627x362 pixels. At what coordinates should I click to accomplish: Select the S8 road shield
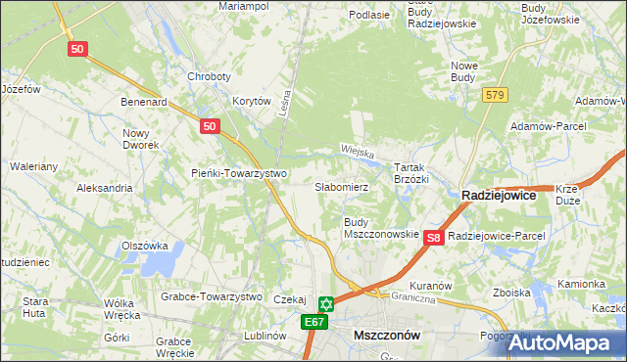(x=435, y=237)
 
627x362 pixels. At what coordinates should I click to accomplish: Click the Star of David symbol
(x=326, y=304)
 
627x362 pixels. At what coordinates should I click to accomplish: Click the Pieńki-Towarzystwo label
(x=238, y=174)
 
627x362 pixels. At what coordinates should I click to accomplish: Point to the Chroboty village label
(x=209, y=76)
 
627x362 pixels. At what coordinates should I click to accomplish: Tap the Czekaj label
(x=291, y=300)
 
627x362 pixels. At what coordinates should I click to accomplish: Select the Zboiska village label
(x=512, y=293)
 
